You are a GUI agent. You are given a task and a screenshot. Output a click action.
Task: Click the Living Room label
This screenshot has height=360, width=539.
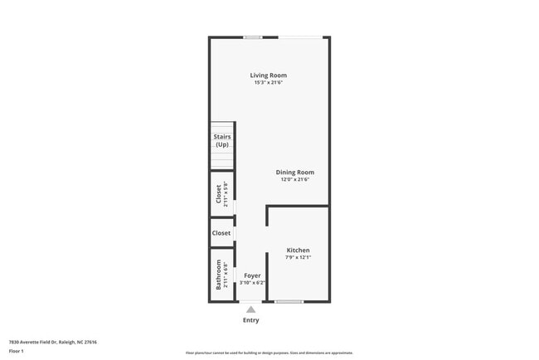click(269, 75)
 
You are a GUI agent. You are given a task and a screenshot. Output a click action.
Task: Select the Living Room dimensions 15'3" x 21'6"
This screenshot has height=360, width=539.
click(269, 83)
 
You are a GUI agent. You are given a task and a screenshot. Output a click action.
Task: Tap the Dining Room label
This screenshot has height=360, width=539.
click(294, 173)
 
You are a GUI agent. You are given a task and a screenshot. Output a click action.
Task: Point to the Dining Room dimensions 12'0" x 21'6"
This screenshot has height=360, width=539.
click(294, 180)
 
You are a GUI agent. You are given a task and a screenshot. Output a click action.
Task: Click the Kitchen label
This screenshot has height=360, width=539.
click(298, 250)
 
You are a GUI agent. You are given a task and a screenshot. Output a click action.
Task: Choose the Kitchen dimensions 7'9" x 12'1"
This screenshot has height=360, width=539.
click(298, 257)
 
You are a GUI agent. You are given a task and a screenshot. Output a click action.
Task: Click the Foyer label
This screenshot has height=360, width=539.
click(252, 275)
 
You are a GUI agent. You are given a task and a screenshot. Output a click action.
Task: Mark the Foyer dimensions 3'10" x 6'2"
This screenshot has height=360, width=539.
click(252, 282)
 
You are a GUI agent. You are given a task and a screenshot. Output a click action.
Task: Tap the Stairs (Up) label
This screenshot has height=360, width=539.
click(222, 140)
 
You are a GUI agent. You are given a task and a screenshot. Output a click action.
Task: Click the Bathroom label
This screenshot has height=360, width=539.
click(219, 275)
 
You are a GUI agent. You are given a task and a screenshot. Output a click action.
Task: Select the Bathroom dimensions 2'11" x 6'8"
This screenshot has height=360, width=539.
click(226, 275)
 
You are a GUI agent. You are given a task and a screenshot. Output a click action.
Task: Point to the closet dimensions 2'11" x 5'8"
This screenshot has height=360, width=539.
click(226, 193)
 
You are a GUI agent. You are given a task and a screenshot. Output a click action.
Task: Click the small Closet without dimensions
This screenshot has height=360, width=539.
click(221, 233)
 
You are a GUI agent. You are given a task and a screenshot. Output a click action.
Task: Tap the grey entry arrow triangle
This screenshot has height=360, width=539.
click(250, 309)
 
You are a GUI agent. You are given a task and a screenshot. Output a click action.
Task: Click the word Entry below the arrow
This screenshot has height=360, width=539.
click(250, 320)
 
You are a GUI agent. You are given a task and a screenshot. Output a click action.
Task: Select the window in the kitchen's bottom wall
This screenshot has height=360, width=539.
click(289, 301)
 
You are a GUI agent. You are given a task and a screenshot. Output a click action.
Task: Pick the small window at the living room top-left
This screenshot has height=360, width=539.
click(253, 37)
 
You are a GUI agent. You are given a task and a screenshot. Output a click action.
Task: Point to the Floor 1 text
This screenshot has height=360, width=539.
click(17, 351)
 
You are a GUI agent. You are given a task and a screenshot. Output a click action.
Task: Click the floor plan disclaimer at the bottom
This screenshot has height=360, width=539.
click(269, 353)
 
